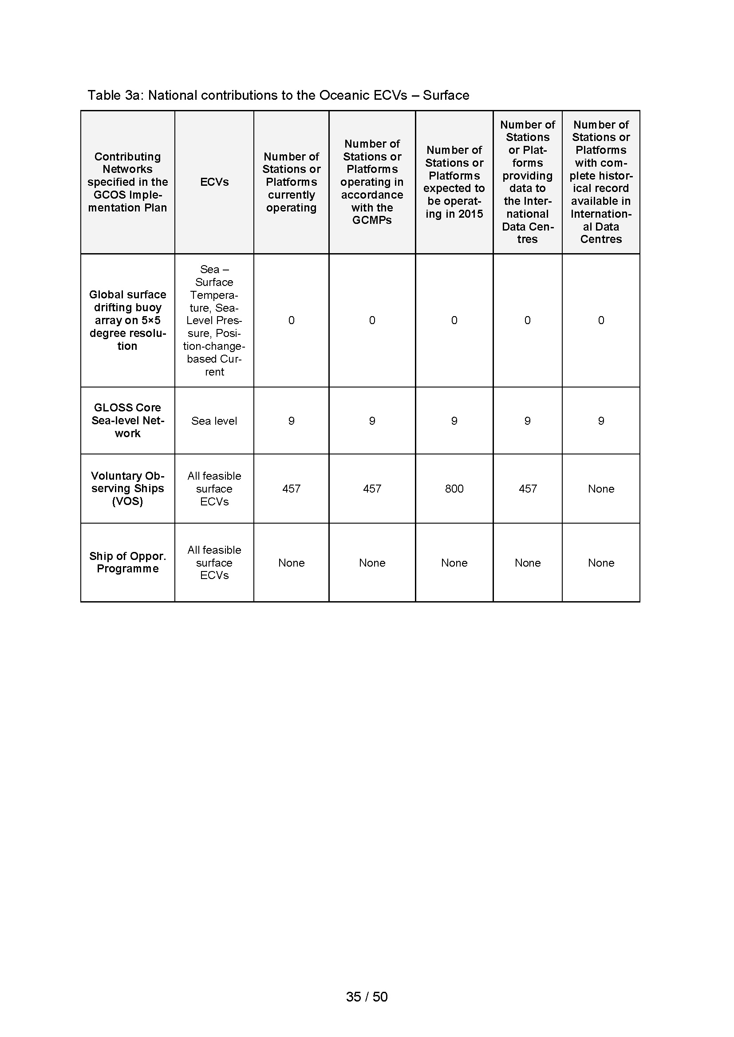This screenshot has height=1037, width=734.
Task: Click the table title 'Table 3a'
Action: (278, 95)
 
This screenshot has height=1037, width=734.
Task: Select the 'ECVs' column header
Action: (214, 182)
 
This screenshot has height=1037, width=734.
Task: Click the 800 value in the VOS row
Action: (454, 489)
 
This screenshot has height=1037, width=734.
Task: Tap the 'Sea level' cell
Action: (214, 421)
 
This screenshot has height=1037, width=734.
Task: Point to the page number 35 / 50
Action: (367, 997)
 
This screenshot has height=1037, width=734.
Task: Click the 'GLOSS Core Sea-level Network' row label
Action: (127, 420)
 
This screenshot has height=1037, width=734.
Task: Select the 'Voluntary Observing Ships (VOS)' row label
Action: (127, 489)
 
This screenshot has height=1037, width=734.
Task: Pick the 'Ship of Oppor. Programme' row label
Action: (127, 562)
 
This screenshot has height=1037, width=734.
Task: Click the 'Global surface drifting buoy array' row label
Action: (127, 320)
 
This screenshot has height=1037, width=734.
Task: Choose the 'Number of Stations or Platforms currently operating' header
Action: (291, 182)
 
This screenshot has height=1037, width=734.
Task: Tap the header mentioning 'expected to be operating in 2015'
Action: (454, 182)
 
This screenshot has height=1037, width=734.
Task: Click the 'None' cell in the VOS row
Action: (601, 489)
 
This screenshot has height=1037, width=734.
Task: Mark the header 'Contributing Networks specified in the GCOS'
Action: (127, 182)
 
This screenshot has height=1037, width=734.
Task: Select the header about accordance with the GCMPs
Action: (372, 182)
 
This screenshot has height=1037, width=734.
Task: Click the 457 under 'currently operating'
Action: (291, 489)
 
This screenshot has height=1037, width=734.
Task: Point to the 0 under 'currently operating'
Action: (291, 320)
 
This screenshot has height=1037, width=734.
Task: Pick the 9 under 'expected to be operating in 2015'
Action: (454, 421)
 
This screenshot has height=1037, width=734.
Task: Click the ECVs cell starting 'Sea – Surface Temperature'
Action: (214, 320)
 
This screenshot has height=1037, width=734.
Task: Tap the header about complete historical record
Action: (601, 182)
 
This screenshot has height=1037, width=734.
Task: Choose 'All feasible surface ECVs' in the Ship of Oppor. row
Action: (214, 562)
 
